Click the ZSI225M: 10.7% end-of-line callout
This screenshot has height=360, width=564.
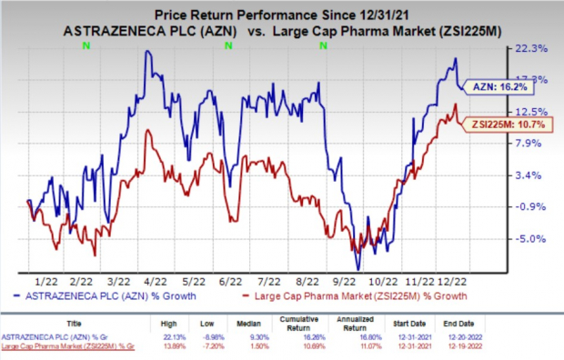pos(503,124)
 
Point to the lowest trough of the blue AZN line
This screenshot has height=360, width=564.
pos(358,269)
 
